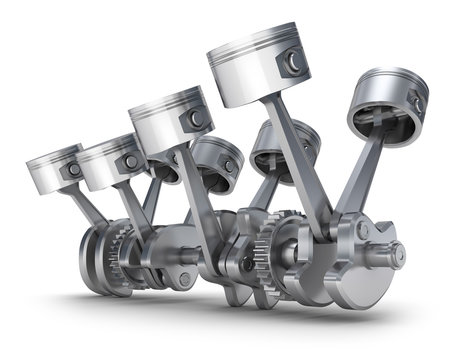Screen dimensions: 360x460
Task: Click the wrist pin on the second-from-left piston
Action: (130, 161)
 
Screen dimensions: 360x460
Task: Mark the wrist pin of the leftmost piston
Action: (73, 170)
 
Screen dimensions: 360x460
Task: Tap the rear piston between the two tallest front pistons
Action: (216, 160)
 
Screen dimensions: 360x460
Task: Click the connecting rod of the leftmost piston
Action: (90, 209)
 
